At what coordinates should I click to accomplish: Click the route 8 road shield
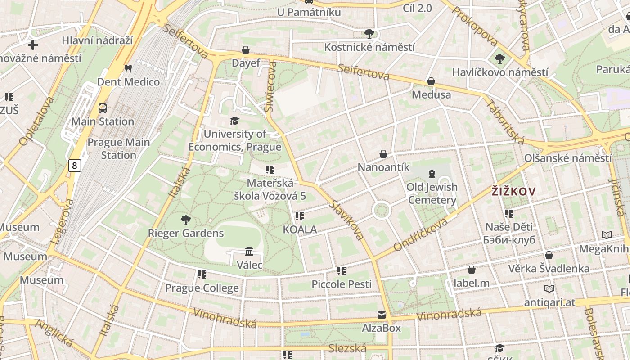click(x=75, y=166)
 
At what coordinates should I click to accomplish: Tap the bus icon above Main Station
click(x=103, y=108)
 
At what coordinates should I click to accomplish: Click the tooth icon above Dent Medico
click(x=128, y=69)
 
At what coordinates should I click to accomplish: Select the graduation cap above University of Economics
click(x=234, y=121)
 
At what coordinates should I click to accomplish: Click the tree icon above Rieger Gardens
click(x=185, y=220)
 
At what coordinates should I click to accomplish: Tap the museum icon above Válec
click(x=249, y=251)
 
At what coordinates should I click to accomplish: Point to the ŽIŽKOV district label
click(x=513, y=192)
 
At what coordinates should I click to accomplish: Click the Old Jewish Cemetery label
click(x=432, y=193)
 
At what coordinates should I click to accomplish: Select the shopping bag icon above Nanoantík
click(x=383, y=154)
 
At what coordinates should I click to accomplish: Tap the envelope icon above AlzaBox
click(x=382, y=315)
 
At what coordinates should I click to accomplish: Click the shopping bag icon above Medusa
click(x=431, y=81)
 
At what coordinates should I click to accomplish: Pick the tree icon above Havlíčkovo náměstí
click(x=499, y=58)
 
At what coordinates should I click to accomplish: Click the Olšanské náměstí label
click(x=568, y=158)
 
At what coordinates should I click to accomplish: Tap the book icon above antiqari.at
click(x=549, y=288)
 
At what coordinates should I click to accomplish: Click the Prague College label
click(x=202, y=288)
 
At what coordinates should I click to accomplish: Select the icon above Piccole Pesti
click(x=342, y=270)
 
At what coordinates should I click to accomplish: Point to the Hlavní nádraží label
click(x=98, y=40)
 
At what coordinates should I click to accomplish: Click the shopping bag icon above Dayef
click(x=246, y=49)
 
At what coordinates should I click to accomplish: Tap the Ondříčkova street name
click(x=421, y=234)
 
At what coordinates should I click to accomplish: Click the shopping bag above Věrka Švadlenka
click(x=549, y=255)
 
